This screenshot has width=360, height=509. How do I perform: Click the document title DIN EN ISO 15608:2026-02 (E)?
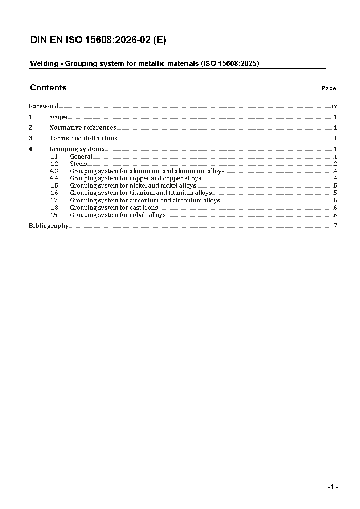98,40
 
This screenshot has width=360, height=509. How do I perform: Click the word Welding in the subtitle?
44,64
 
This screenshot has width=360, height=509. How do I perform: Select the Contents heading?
48,88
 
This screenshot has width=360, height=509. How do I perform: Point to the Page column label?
328,89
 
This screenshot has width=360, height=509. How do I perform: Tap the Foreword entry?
44,106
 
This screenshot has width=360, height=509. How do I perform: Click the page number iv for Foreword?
335,106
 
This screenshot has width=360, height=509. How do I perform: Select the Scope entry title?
58,117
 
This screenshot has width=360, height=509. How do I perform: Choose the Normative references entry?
83,128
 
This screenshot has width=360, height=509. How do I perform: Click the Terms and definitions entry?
83,139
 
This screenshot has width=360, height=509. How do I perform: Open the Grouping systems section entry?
77,149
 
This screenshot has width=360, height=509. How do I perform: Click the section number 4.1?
54,157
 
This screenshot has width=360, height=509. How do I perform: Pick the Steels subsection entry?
78,164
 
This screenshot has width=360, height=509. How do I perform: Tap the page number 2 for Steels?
335,164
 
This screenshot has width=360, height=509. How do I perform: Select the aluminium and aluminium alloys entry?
147,171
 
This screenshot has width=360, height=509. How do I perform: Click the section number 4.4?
54,178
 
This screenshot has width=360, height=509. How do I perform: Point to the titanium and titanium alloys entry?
141,193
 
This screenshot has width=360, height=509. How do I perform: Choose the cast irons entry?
114,208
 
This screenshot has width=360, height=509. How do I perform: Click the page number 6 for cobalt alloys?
335,215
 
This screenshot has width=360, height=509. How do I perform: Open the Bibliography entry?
49,226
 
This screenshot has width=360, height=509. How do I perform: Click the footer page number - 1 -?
332,487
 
